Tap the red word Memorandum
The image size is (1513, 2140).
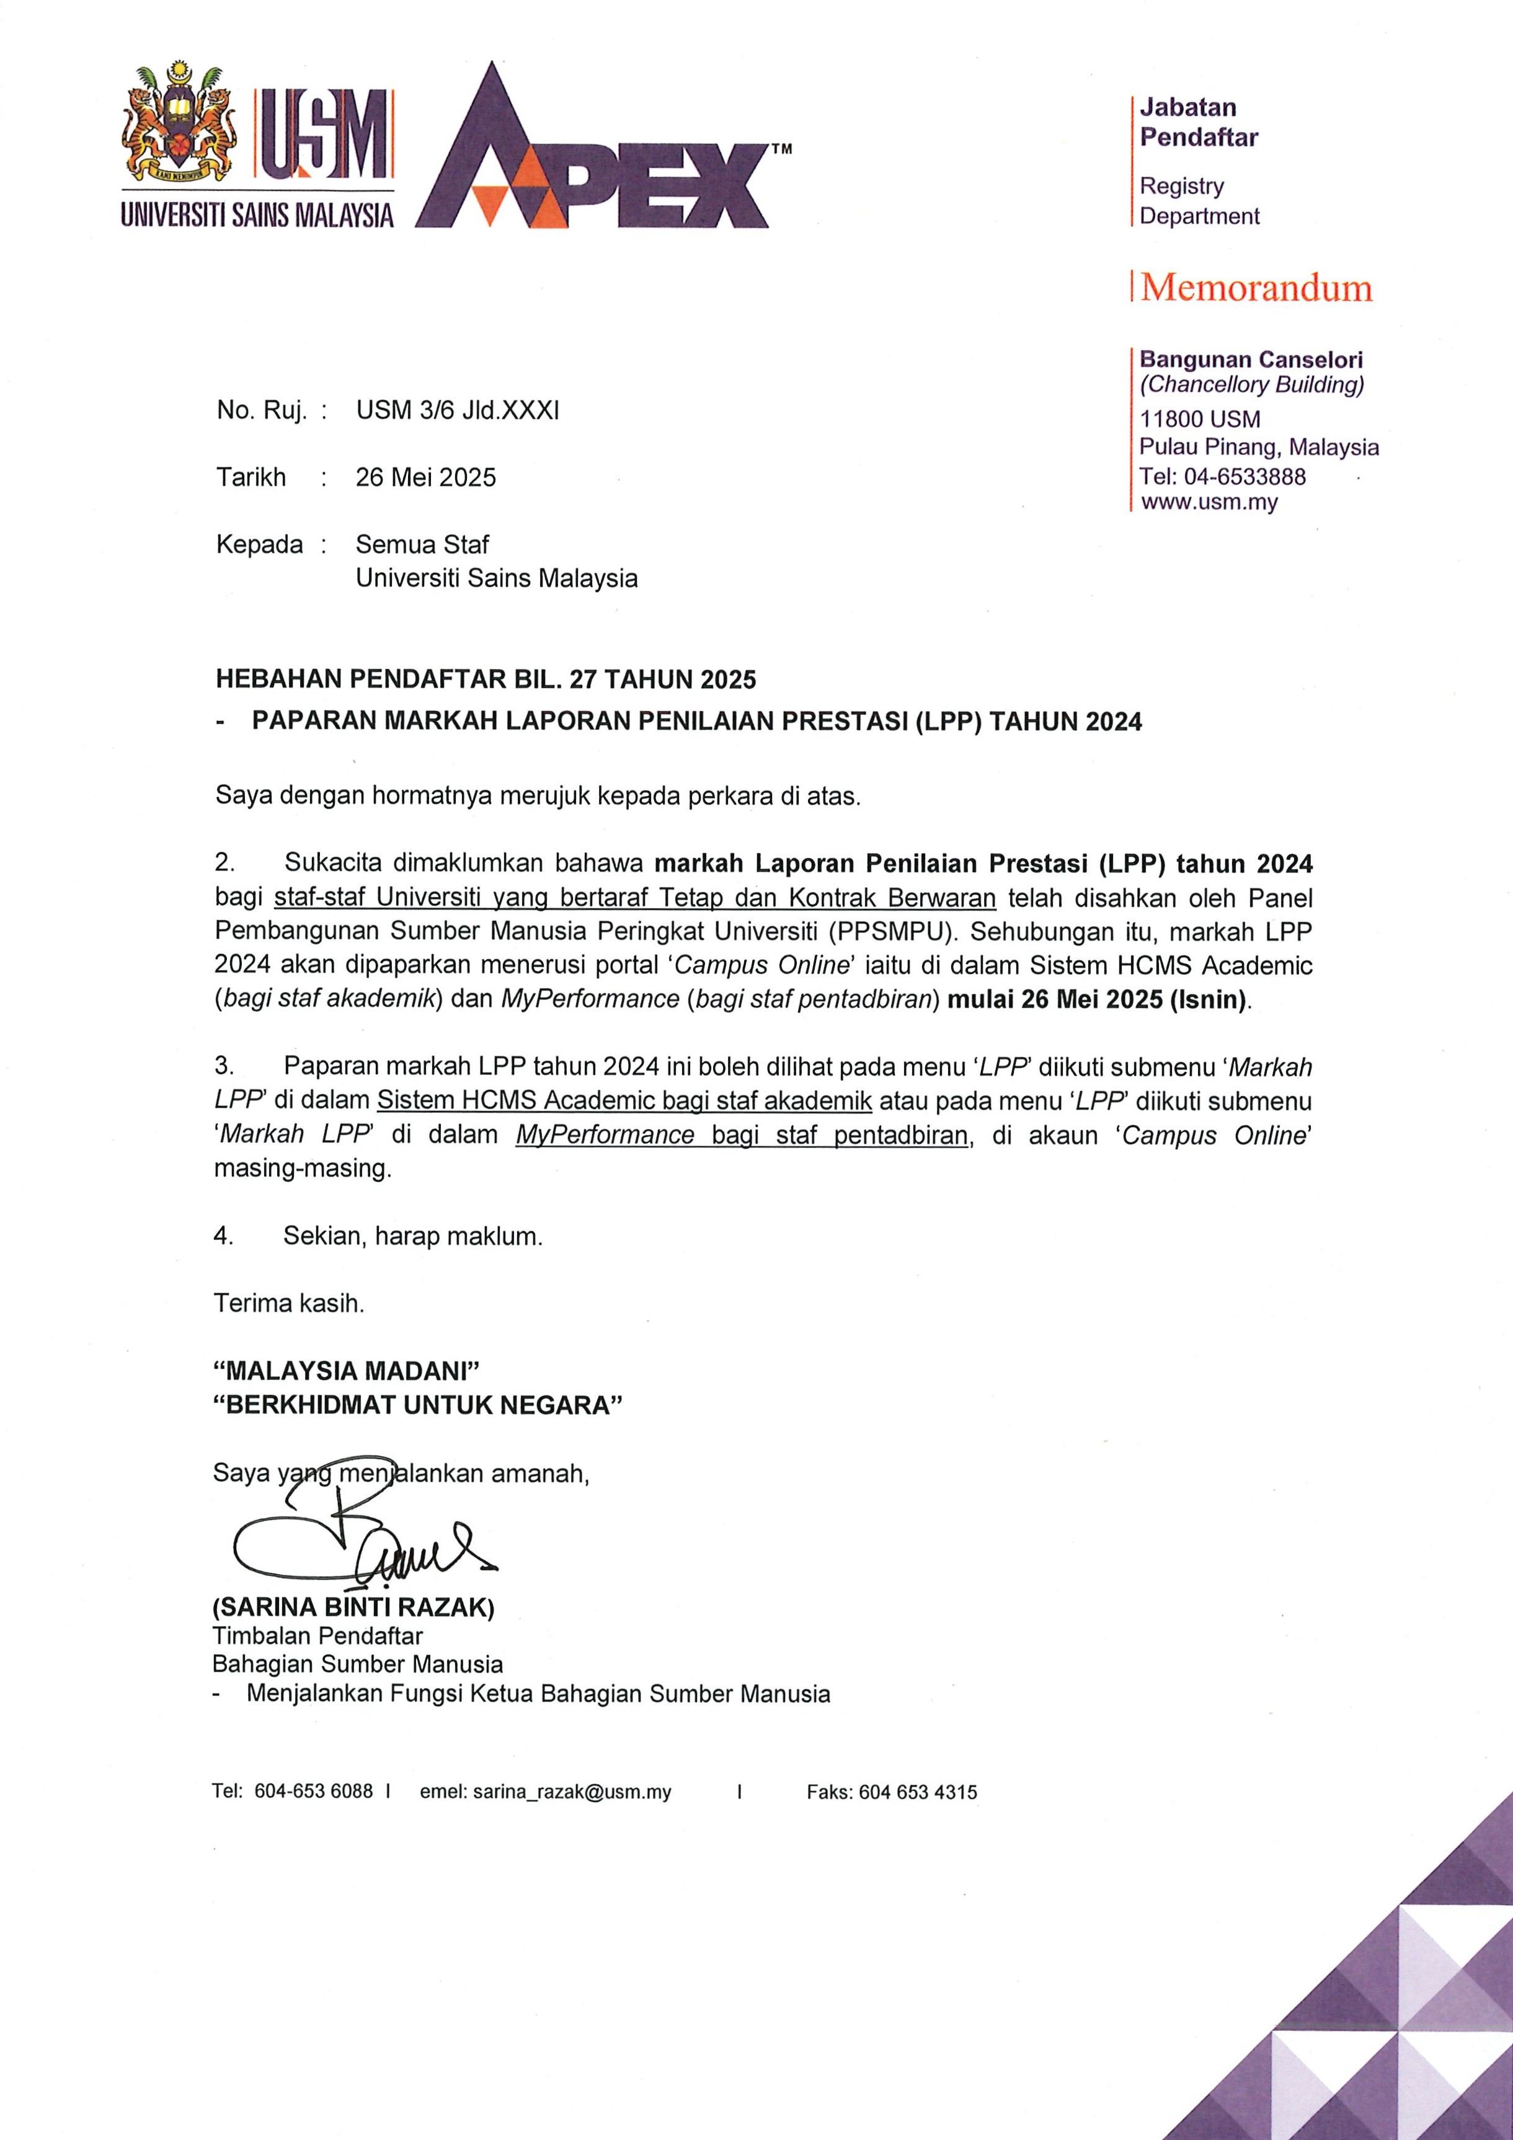pos(1256,288)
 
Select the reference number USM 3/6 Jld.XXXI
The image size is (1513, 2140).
pos(457,410)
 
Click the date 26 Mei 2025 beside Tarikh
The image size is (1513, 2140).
pos(425,477)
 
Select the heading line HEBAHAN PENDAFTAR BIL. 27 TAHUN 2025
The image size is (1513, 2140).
pos(485,679)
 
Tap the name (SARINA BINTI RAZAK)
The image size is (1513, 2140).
pos(353,1607)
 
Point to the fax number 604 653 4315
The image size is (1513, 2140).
pos(917,1792)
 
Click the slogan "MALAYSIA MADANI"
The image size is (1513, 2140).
pos(346,1370)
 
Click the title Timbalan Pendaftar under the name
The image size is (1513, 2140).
pos(317,1636)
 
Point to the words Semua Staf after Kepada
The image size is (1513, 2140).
pos(422,544)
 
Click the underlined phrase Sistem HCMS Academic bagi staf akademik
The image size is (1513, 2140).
pos(624,1101)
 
